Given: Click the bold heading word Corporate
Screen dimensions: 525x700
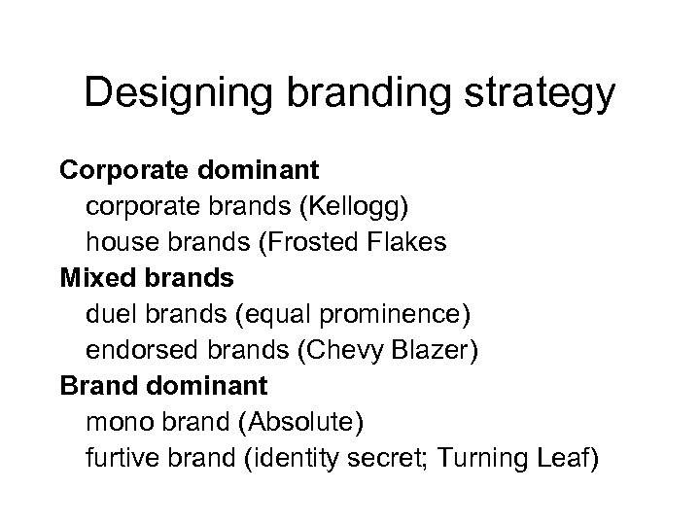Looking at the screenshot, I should click(x=119, y=172).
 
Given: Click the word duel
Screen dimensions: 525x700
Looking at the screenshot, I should click(x=110, y=313).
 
